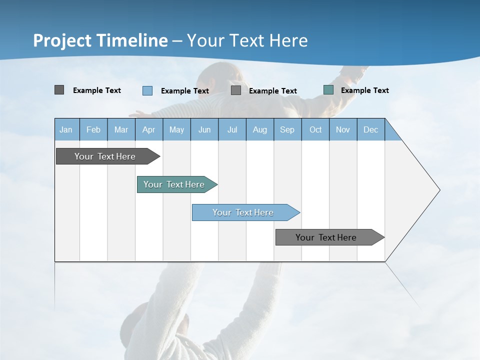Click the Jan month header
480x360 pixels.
[x=66, y=129]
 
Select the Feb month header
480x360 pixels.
[x=93, y=129]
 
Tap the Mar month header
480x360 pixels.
[x=121, y=129]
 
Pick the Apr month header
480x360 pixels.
[x=149, y=129]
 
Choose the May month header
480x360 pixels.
[x=176, y=129]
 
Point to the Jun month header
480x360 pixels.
[x=204, y=129]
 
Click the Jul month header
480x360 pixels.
[x=232, y=129]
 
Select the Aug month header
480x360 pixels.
[x=260, y=129]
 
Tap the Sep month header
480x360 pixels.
[x=287, y=129]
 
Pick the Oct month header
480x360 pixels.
[x=315, y=129]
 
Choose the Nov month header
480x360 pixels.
[x=343, y=129]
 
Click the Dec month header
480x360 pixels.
[x=371, y=129]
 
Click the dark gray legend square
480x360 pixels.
[x=59, y=90]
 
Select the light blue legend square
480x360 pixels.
[x=147, y=90]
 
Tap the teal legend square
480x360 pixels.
[x=328, y=90]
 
